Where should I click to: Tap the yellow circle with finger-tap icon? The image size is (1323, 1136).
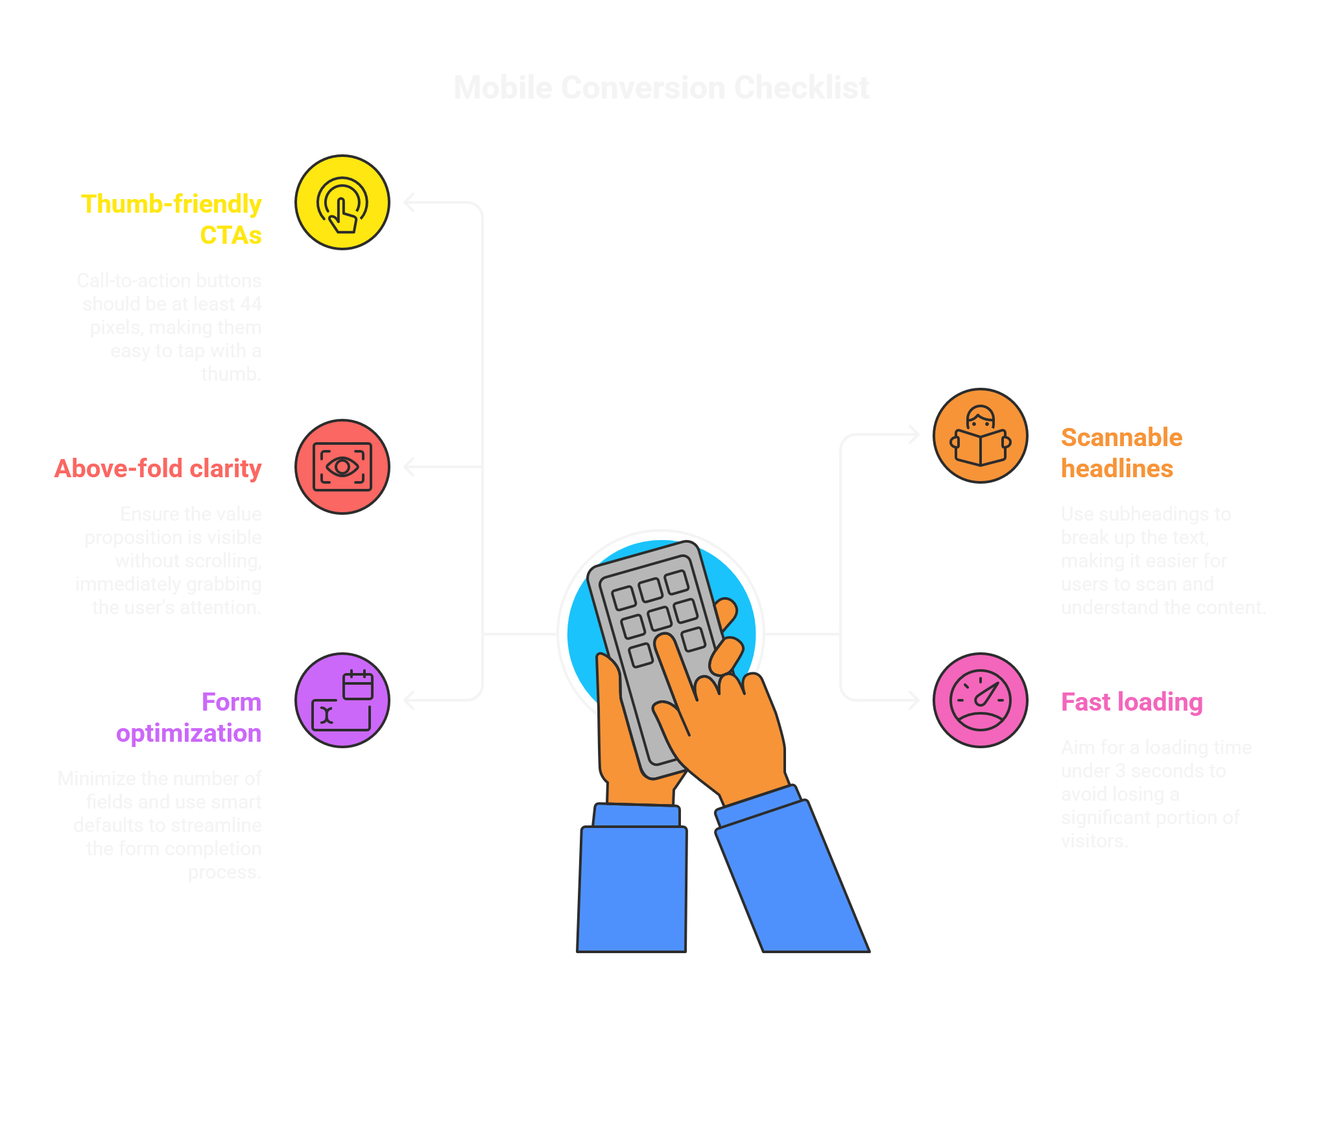pos(342,202)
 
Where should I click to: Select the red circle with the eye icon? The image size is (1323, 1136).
pos(342,467)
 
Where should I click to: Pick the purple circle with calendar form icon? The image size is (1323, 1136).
pos(342,700)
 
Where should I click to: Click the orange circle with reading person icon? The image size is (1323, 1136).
pos(980,436)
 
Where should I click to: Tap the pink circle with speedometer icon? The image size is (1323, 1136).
pos(980,700)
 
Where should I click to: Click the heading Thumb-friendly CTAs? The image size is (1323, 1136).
pos(172,219)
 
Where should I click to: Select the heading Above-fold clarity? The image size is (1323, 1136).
pos(158,468)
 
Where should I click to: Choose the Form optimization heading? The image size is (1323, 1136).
pos(189,717)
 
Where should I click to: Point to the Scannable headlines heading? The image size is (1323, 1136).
pos(1121,453)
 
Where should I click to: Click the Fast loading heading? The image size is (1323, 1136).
pos(1132,702)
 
